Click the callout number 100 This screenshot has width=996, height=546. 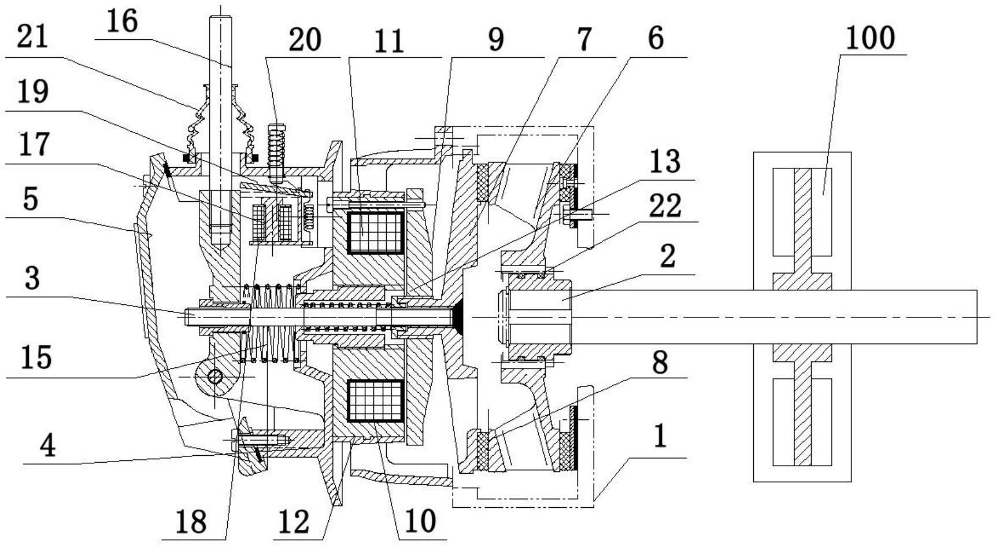pos(870,38)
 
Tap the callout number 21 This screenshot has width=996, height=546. pos(32,39)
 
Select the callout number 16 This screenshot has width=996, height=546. pos(122,22)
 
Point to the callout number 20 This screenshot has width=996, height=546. pos(305,40)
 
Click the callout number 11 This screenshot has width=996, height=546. pos(388,42)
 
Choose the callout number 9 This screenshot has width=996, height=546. pos(495,40)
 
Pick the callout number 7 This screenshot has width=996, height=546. pos(584,39)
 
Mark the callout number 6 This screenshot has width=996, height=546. pos(655,39)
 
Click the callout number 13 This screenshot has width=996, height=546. pos(664,161)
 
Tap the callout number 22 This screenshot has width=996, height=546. pos(664,205)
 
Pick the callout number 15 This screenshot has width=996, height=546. pos(36,357)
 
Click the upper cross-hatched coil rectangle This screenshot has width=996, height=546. pos(375,233)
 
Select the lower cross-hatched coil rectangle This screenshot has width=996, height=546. pos(375,401)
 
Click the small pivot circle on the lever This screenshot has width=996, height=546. pos(215,377)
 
